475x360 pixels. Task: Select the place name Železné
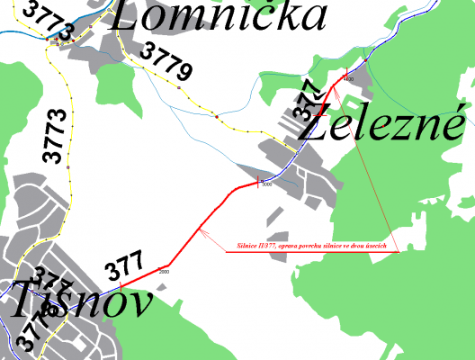pos(383,125)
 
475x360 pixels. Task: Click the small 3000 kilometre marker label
pos(266,186)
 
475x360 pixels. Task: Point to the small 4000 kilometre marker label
pos(349,81)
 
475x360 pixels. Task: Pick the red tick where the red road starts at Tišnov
pos(119,286)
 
